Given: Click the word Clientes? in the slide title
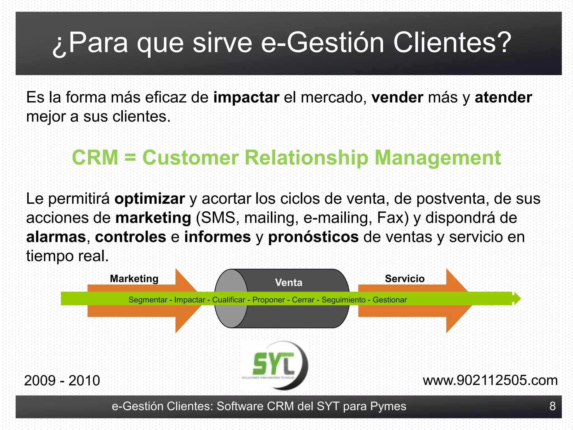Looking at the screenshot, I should tap(452, 43).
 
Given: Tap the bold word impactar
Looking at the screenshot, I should tap(246, 97).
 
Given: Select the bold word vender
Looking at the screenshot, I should tap(397, 97).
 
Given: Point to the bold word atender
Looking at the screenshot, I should tap(503, 97).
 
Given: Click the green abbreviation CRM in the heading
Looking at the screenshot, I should tap(95, 157).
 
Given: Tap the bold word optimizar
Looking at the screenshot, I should tap(150, 199).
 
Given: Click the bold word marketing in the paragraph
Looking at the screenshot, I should tap(153, 218).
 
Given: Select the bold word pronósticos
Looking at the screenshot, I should tap(313, 237).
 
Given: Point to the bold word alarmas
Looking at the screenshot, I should tap(56, 237).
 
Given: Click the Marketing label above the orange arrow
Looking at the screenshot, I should tap(134, 279).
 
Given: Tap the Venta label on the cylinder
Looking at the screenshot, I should tap(288, 282).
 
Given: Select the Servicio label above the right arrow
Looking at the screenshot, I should tap(405, 279).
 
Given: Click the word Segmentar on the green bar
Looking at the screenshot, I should tap(148, 300).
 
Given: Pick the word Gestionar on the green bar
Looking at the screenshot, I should tap(389, 300).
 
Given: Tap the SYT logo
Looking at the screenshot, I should tap(276, 365).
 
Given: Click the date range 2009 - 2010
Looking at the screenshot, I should tap(62, 380).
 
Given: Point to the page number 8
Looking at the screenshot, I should tap(552, 406).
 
